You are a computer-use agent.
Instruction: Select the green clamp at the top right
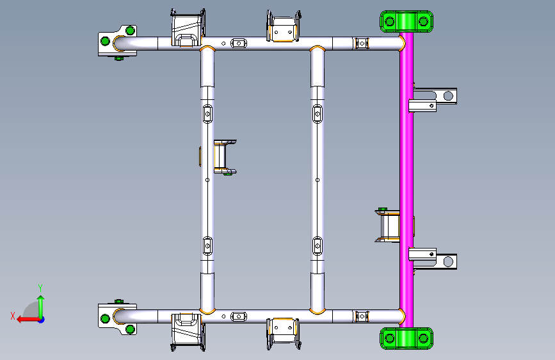point(406,21)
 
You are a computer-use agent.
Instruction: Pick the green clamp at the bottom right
point(406,338)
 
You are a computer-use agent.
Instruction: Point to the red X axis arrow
point(24,318)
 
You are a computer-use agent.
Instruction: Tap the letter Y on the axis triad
point(40,288)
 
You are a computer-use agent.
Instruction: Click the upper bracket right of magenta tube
point(433,98)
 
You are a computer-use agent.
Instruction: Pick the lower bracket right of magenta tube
point(433,259)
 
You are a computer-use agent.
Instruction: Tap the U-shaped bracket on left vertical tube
point(223,157)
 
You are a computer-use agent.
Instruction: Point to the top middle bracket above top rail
point(283,28)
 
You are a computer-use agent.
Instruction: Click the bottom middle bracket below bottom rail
point(283,333)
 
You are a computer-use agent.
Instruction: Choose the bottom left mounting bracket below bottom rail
point(187,331)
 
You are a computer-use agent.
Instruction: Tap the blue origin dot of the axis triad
point(40,319)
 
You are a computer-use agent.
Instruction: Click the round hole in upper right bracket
point(448,96)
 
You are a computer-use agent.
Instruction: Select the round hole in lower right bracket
point(448,261)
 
